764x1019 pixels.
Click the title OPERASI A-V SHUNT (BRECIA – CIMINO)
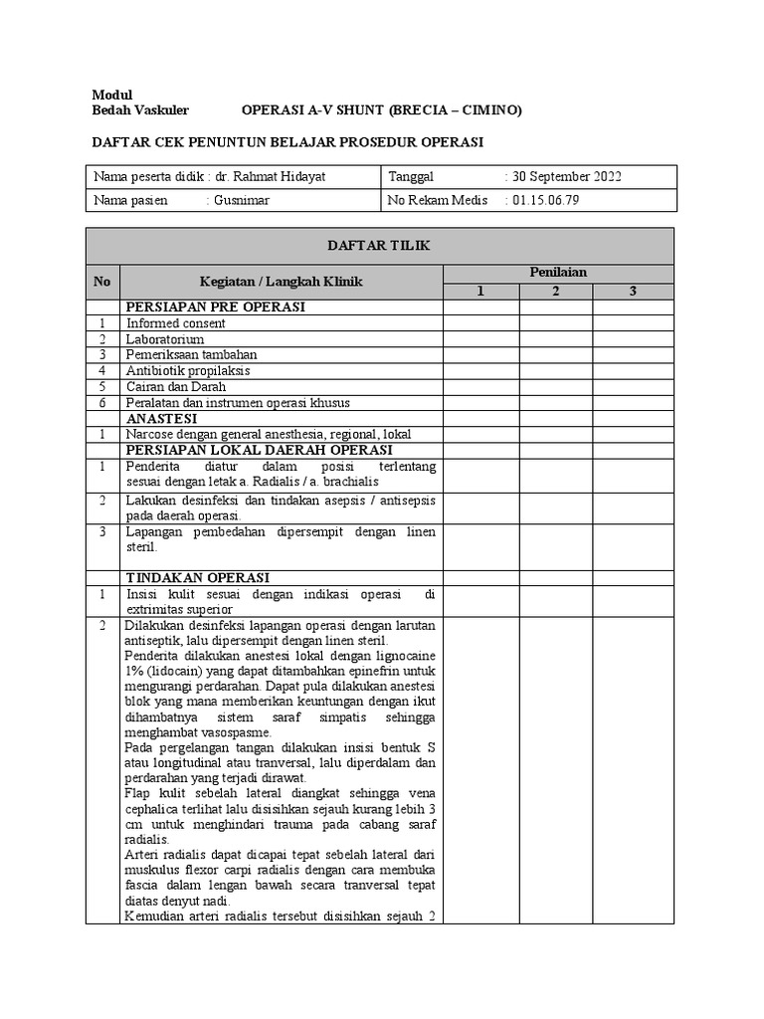(381, 109)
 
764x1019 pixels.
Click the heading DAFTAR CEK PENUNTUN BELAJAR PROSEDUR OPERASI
(287, 142)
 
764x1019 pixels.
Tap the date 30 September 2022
(567, 177)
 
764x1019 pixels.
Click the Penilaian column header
(558, 272)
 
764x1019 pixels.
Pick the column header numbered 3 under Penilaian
(632, 291)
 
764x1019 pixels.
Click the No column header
(102, 282)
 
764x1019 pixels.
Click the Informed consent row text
(176, 323)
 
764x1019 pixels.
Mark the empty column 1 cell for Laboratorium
(480, 339)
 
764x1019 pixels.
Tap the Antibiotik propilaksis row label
(188, 370)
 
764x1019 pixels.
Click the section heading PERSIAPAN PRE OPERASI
(214, 307)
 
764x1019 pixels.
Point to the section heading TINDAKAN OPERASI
(198, 578)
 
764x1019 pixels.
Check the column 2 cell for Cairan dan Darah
(556, 386)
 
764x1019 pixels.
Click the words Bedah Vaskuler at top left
(139, 109)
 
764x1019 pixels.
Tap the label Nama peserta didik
(149, 177)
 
